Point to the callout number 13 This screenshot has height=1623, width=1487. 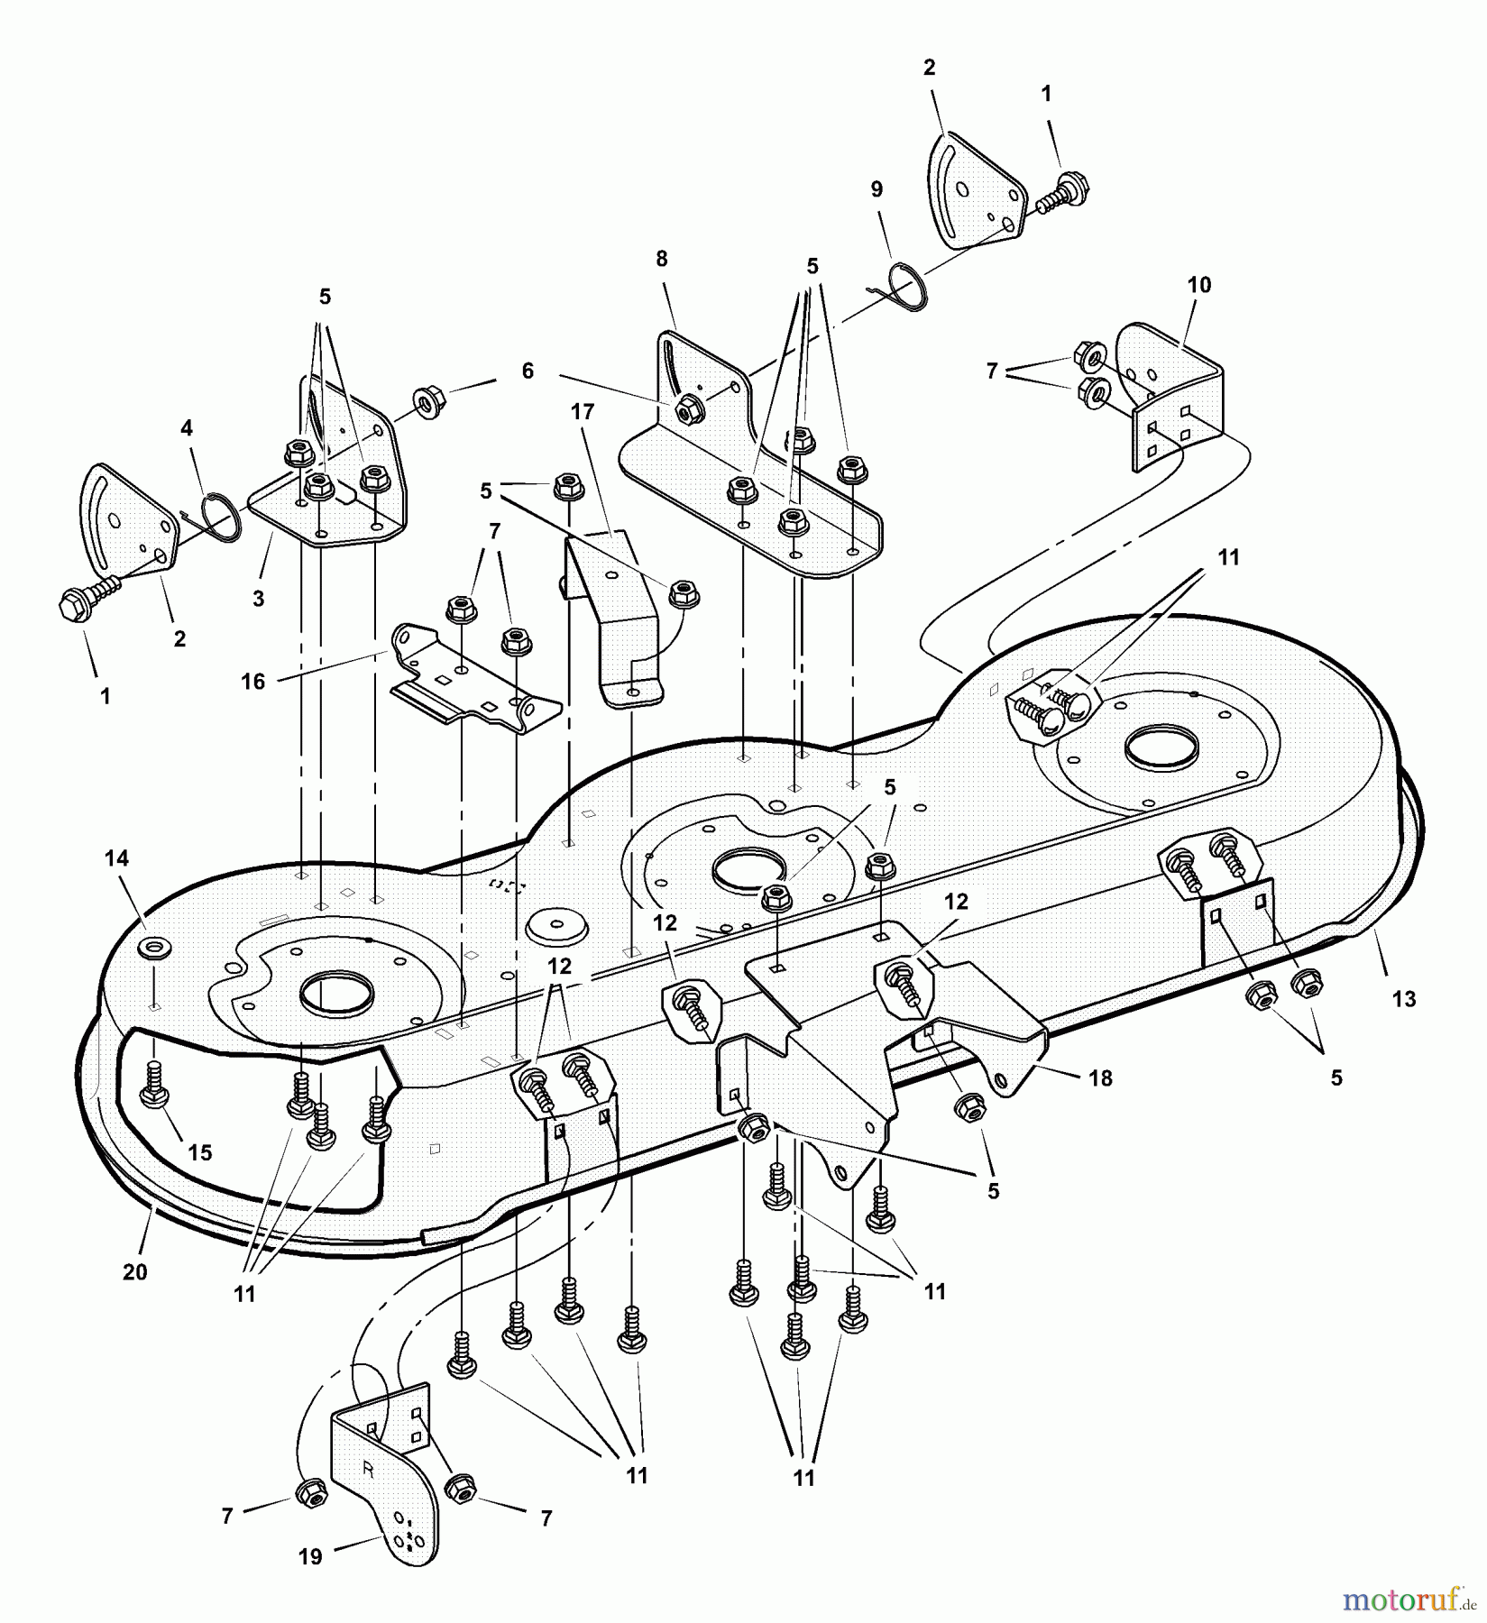click(1404, 998)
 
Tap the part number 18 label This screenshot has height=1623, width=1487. click(1100, 1077)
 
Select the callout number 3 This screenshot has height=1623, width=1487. click(259, 598)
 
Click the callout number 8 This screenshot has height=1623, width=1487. click(662, 259)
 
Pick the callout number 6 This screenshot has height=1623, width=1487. click(528, 371)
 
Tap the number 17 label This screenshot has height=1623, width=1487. click(583, 412)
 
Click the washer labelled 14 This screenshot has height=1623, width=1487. click(149, 948)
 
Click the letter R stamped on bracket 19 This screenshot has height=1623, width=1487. click(367, 1468)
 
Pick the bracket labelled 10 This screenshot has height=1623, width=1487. click(1172, 397)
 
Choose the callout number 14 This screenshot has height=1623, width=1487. click(117, 858)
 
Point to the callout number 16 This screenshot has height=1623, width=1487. click(253, 682)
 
